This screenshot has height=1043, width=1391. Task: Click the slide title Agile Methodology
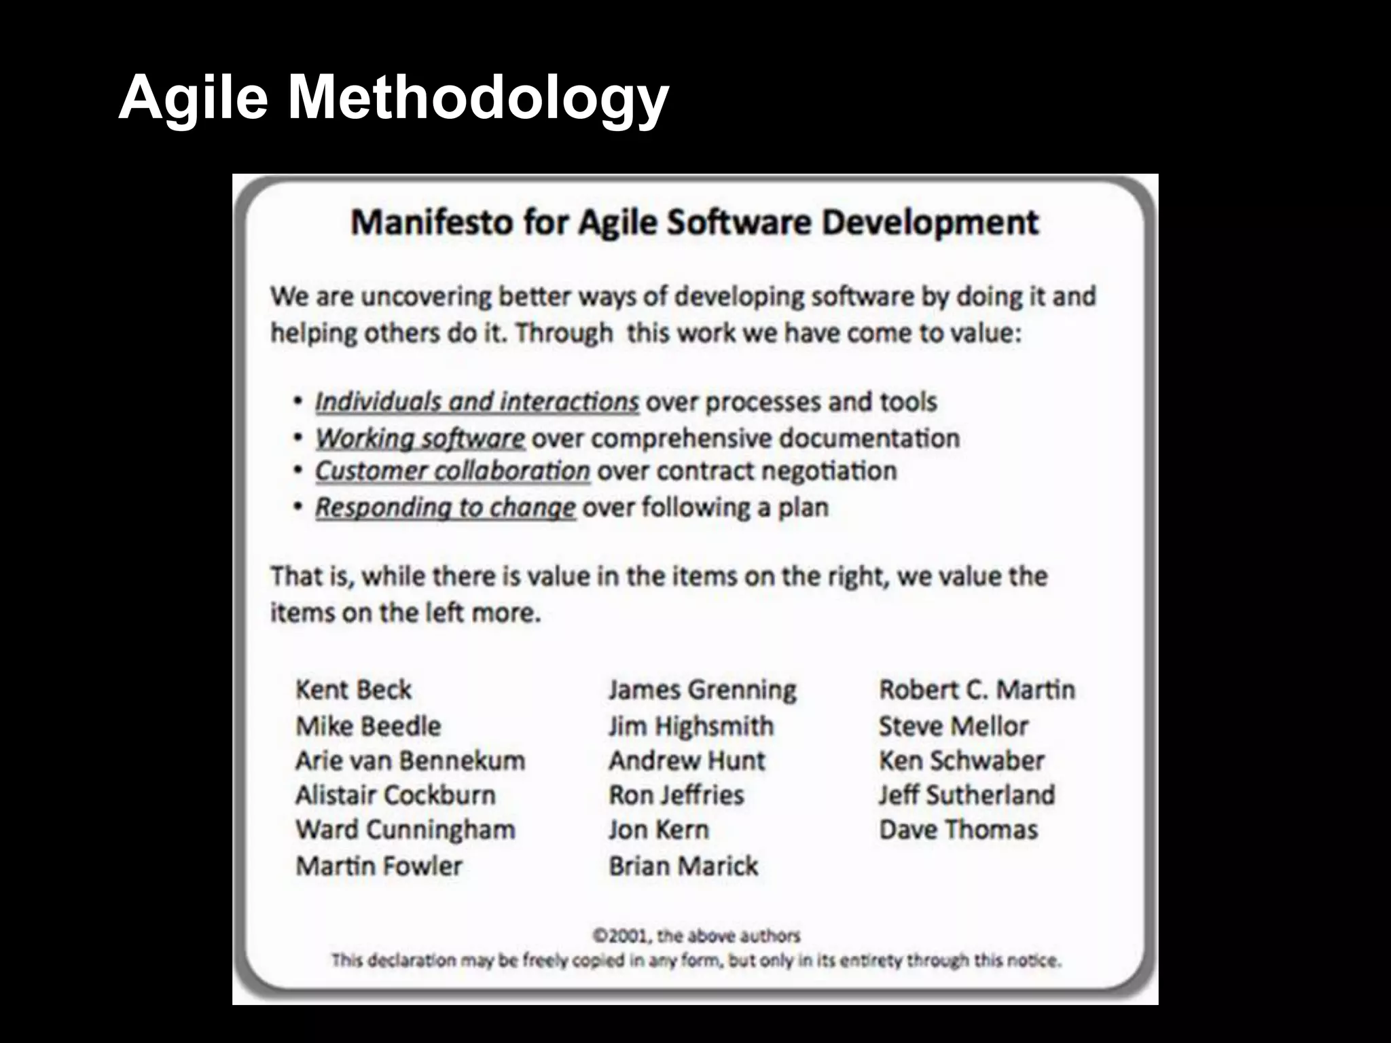pyautogui.click(x=393, y=98)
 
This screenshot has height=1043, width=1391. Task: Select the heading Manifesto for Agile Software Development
pyautogui.click(x=694, y=223)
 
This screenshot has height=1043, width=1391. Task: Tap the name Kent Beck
pyautogui.click(x=353, y=690)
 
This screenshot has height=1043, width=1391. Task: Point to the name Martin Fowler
pyautogui.click(x=378, y=866)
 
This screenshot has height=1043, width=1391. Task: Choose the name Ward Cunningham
pyautogui.click(x=405, y=830)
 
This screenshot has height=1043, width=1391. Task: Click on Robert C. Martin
pyautogui.click(x=977, y=690)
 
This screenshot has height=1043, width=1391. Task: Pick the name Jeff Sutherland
pyautogui.click(x=967, y=795)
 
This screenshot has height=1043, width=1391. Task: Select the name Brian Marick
pyautogui.click(x=683, y=866)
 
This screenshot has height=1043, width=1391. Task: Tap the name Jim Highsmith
pyautogui.click(x=691, y=727)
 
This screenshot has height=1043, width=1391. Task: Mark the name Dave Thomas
pyautogui.click(x=958, y=830)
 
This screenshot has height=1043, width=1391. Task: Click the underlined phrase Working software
pyautogui.click(x=420, y=439)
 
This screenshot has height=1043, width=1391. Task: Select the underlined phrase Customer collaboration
pyautogui.click(x=452, y=471)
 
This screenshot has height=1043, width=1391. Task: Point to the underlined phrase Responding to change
pyautogui.click(x=445, y=508)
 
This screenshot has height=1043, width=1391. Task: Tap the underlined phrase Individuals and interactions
pyautogui.click(x=477, y=402)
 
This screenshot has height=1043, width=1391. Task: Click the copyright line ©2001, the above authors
pyautogui.click(x=696, y=936)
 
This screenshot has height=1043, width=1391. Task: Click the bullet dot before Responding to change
pyautogui.click(x=297, y=507)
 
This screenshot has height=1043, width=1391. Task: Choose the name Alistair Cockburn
pyautogui.click(x=395, y=795)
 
